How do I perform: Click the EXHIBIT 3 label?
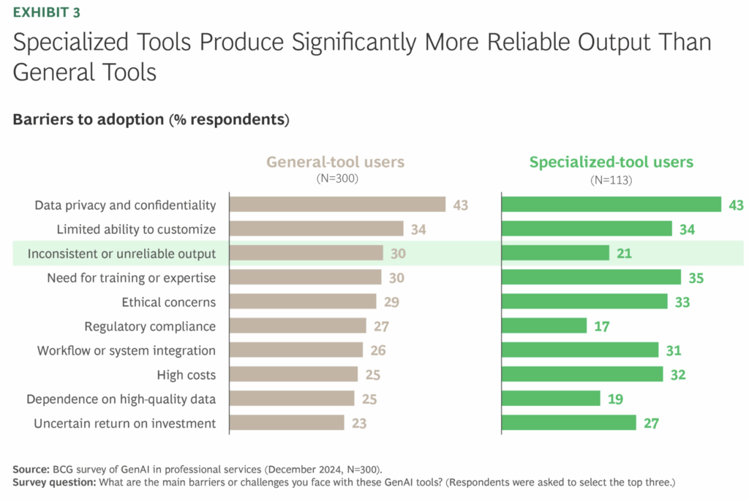46,12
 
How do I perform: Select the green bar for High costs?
582,374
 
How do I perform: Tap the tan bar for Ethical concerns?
303,302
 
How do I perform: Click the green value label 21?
624,254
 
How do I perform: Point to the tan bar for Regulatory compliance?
298,326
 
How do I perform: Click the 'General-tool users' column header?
335,162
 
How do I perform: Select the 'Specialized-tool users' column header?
611,162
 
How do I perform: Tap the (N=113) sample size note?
611,179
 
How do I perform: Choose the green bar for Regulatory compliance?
544,326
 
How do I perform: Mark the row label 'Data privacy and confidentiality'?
125,206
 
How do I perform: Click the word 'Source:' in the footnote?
31,469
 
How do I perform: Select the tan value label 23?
358,423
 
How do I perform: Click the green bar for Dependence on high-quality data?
551,399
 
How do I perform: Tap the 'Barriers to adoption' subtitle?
88,120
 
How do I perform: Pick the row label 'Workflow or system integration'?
127,350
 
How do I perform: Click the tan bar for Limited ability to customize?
316,230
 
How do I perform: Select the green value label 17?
602,326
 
